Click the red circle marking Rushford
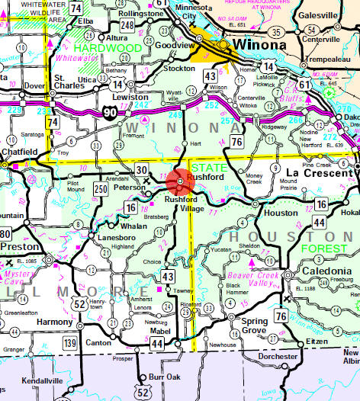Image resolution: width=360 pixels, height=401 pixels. pyautogui.click(x=178, y=181)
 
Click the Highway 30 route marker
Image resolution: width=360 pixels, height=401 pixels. pyautogui.click(x=143, y=169)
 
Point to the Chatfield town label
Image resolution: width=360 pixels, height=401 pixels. pyautogui.click(x=18, y=151)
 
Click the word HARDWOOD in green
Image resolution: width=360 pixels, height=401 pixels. pyautogui.click(x=118, y=48)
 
